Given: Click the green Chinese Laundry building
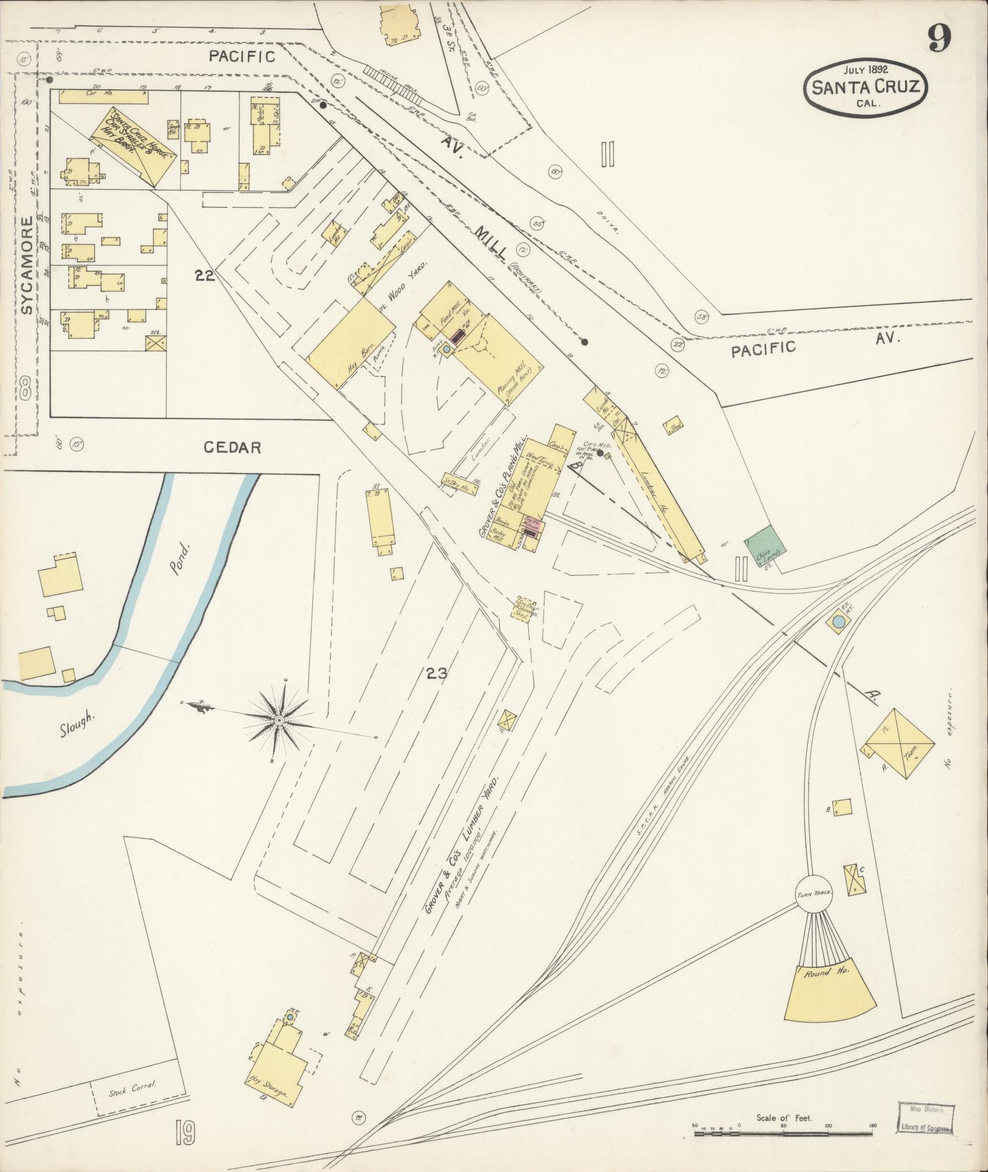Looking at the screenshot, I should click(765, 548).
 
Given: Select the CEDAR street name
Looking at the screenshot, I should click(232, 448).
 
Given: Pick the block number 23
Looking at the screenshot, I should click(437, 675).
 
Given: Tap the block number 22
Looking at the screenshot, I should click(205, 276).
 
